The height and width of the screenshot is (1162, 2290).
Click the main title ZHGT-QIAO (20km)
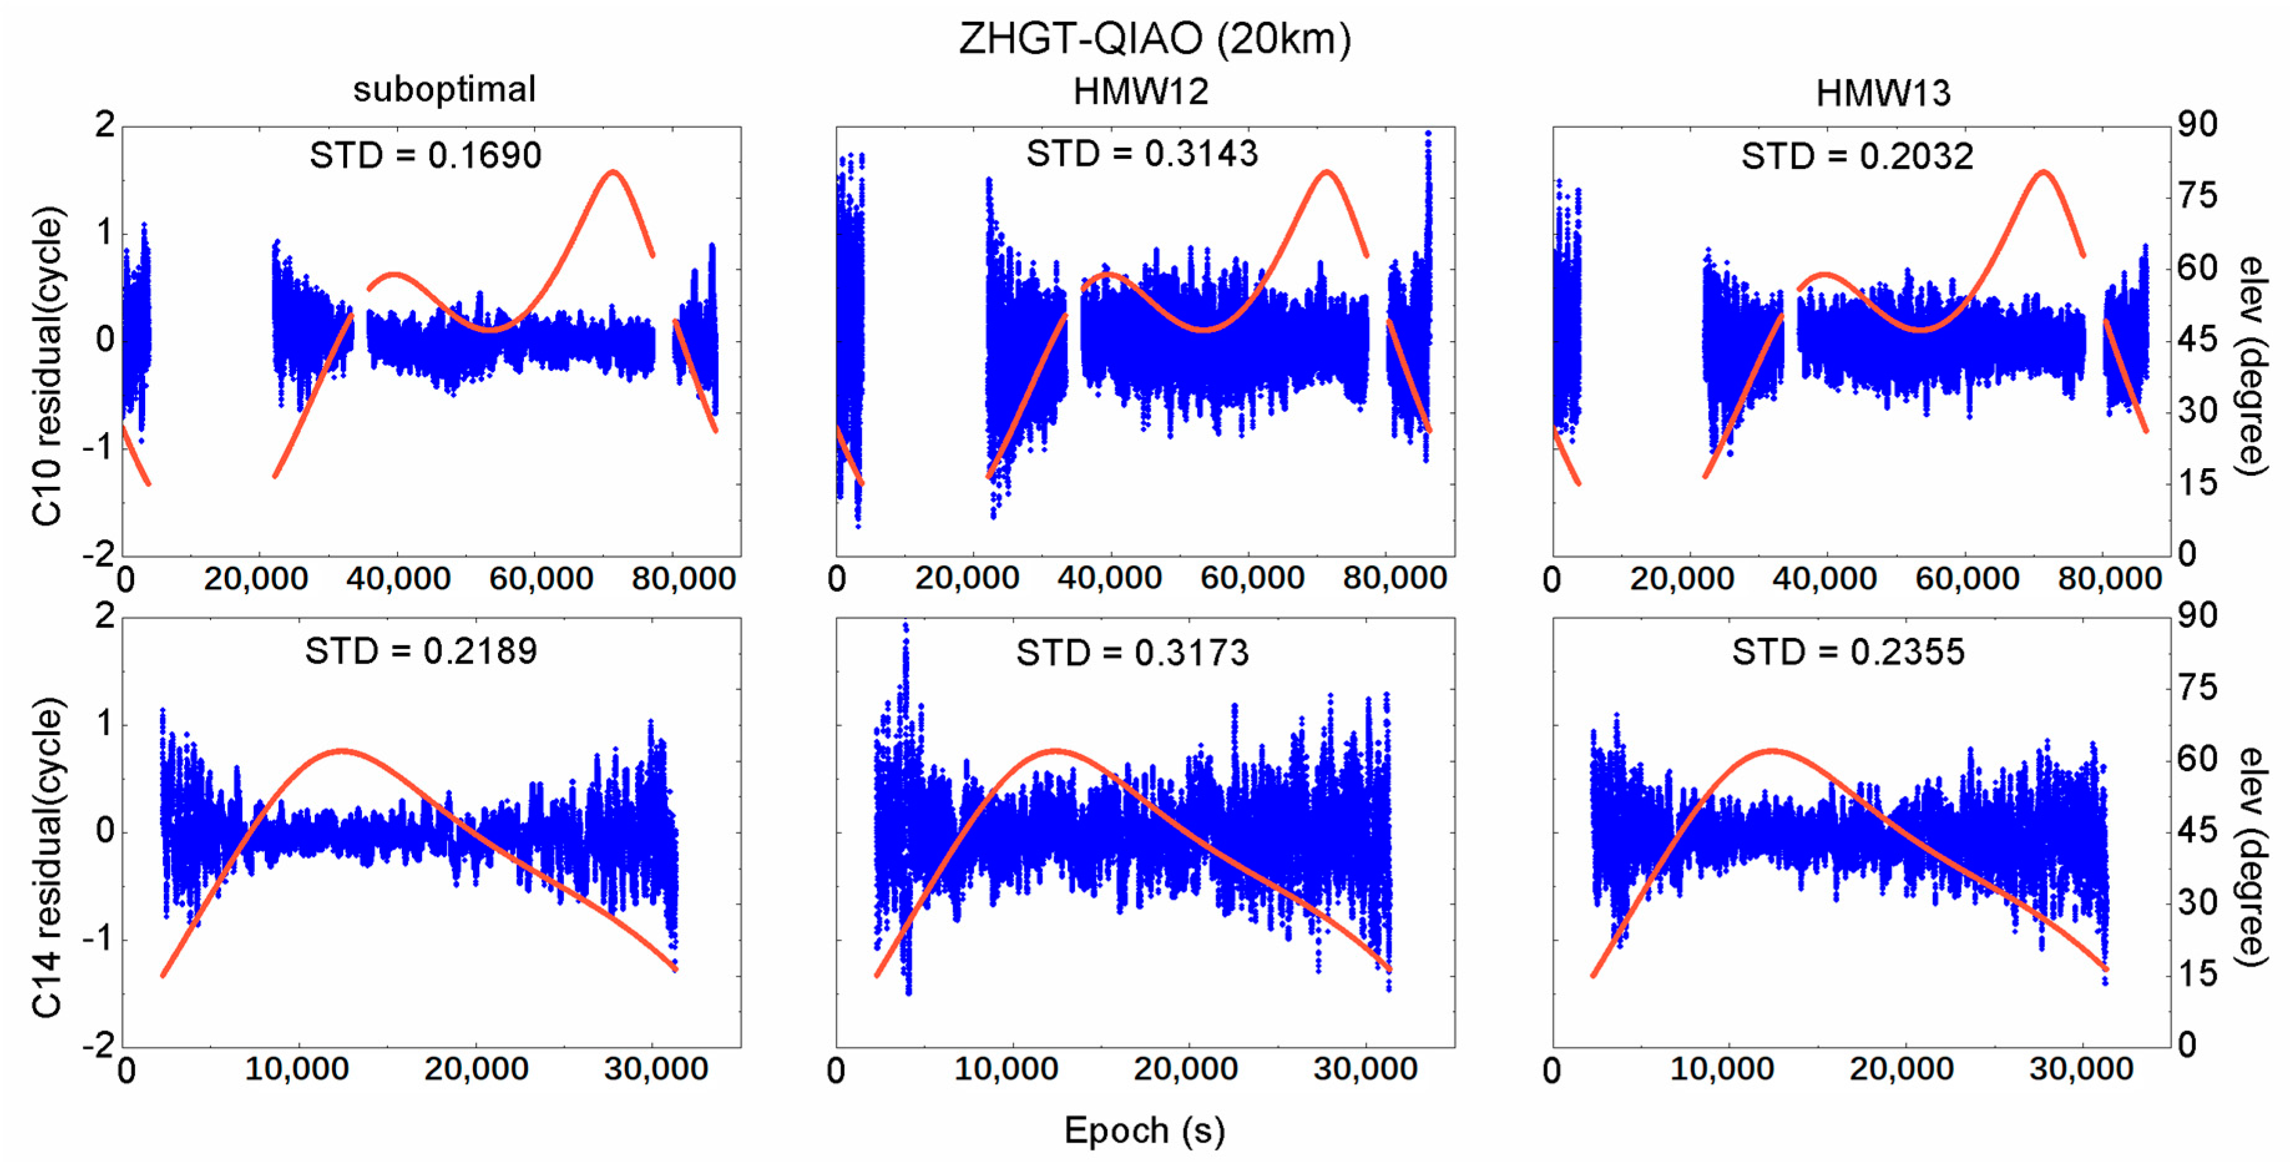pos(1155,39)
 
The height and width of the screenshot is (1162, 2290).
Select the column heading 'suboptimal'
pos(444,89)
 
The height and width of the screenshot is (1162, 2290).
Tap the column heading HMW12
pos(1140,92)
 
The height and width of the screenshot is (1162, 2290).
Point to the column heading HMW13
pos(1883,92)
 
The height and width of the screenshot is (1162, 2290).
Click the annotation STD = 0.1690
pos(425,156)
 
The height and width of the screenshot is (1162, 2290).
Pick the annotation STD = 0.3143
pos(1142,154)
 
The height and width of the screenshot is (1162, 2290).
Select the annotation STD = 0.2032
pos(1857,156)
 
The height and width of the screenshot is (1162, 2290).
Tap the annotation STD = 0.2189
pos(421,651)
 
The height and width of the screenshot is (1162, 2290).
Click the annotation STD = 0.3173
pos(1133,653)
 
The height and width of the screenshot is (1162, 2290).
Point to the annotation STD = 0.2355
pos(1848,653)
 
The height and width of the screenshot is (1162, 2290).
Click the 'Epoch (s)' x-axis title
pos(1144,1131)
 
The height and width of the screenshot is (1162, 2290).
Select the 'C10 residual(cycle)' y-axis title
pos(48,367)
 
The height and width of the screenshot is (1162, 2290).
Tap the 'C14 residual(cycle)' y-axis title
pos(48,858)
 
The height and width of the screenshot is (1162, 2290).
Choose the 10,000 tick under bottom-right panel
pos(1722,1070)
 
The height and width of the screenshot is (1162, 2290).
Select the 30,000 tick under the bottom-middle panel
pos(1365,1070)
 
